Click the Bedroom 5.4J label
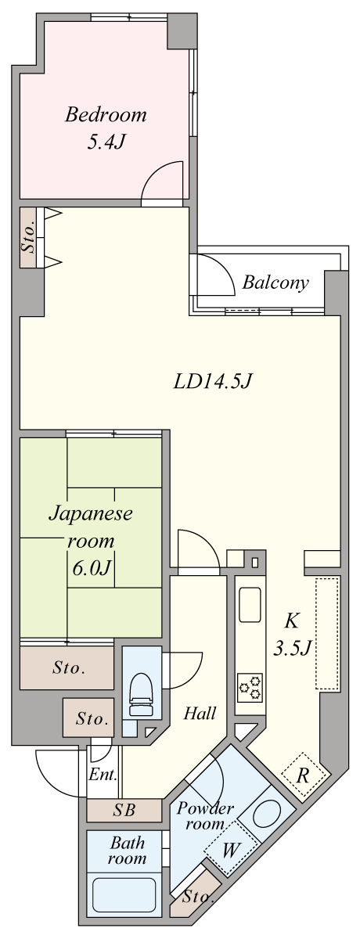(x=106, y=129)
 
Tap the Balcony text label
(x=275, y=282)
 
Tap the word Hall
(x=200, y=713)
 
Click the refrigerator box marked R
(x=301, y=775)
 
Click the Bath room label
(x=128, y=851)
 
